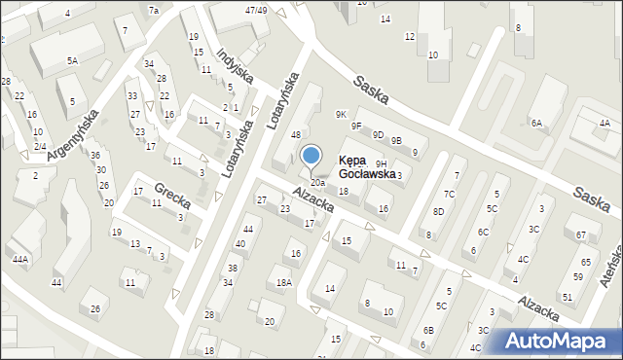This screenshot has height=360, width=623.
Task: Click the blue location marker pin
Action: pos(311,156)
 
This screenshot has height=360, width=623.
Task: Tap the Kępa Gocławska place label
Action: pos(366,167)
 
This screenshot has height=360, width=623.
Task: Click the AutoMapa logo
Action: pos(558,342)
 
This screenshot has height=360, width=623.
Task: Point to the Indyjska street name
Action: pos(236,66)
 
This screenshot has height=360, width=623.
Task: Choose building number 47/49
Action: pos(256,10)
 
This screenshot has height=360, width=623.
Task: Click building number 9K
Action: pos(341,115)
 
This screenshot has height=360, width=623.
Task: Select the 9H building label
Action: pos(381,163)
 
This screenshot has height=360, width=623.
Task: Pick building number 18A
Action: pos(283,283)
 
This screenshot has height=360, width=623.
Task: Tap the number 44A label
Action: pos(19,260)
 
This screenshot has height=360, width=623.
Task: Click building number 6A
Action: pos(535,123)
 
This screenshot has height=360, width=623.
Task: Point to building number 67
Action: pos(581,235)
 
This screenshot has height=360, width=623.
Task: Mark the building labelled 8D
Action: pos(438,211)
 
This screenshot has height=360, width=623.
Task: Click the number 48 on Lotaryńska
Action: pos(295,134)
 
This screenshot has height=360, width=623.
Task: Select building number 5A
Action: pos(72,60)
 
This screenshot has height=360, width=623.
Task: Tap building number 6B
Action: pos(428,331)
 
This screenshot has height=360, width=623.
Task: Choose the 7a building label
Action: pos(153,10)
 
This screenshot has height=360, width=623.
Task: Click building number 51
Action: pos(567,297)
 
